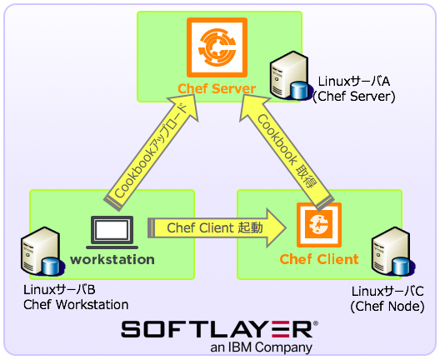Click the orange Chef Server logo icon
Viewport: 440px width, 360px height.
point(216,47)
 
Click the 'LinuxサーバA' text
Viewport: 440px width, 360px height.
point(354,82)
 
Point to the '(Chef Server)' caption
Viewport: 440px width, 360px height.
point(353,97)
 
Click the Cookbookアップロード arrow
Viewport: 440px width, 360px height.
point(151,149)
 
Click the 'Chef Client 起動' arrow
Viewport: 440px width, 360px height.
point(217,227)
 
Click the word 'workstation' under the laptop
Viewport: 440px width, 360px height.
point(112,259)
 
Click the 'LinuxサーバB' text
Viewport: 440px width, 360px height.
point(59,289)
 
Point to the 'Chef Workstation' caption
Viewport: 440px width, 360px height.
point(76,305)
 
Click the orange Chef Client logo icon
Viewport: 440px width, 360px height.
point(317,224)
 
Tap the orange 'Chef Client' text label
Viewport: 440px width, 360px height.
point(318,259)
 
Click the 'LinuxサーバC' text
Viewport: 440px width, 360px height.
point(387,291)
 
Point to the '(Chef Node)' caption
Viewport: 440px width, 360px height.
point(387,306)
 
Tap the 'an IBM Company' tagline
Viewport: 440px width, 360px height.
point(261,347)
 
